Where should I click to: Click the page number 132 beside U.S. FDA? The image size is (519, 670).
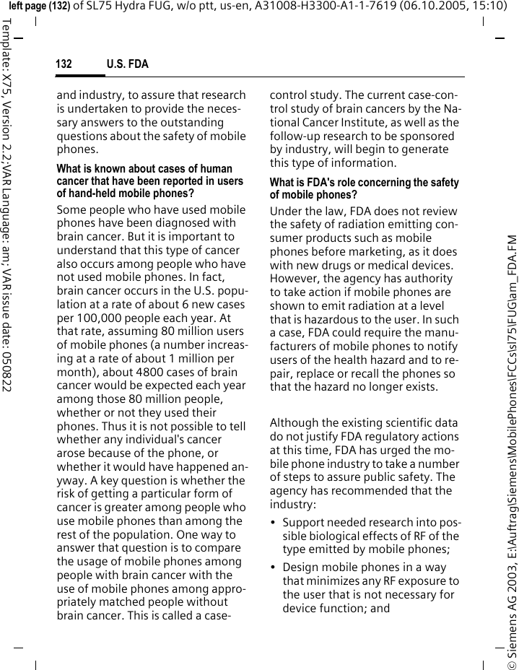(x=64, y=64)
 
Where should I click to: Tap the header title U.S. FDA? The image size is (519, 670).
(x=127, y=64)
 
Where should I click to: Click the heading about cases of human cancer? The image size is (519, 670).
(x=150, y=181)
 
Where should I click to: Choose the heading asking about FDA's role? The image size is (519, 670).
(x=364, y=189)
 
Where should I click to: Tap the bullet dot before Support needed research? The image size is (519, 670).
(x=273, y=523)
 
